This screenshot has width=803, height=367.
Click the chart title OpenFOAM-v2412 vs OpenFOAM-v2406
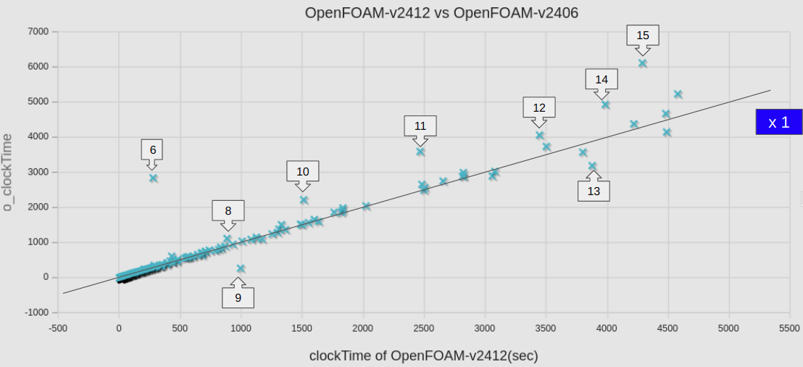click(x=441, y=13)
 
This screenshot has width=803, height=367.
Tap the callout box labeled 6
click(x=152, y=149)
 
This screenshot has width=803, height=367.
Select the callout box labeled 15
click(x=643, y=35)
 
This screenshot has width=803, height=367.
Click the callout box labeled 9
click(x=238, y=297)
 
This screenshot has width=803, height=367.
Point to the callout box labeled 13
click(x=594, y=191)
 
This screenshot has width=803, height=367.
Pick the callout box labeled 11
click(x=420, y=125)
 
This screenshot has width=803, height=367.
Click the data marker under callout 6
click(x=153, y=178)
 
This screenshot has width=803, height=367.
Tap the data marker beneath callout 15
click(x=642, y=63)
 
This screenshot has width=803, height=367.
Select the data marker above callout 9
click(x=241, y=268)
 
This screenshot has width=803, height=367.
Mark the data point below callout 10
click(x=304, y=199)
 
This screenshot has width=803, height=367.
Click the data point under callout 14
click(x=605, y=104)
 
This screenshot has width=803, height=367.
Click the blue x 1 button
click(x=778, y=122)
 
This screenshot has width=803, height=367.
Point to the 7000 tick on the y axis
click(x=38, y=32)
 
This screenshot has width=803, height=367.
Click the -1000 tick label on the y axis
click(x=36, y=313)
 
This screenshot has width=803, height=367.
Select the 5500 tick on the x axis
click(x=789, y=328)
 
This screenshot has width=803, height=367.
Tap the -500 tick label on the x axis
click(x=58, y=328)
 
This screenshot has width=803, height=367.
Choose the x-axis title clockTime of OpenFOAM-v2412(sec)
click(x=424, y=355)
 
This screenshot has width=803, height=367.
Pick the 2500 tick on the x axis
click(x=424, y=328)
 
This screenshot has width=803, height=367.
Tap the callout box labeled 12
click(x=539, y=107)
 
